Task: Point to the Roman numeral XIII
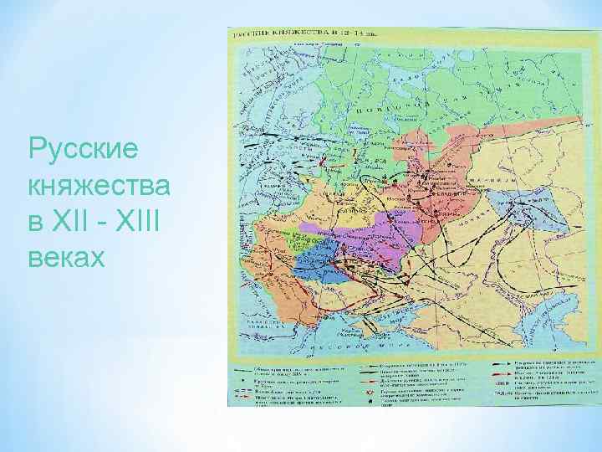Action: pos(141,221)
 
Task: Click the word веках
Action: pos(66,256)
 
